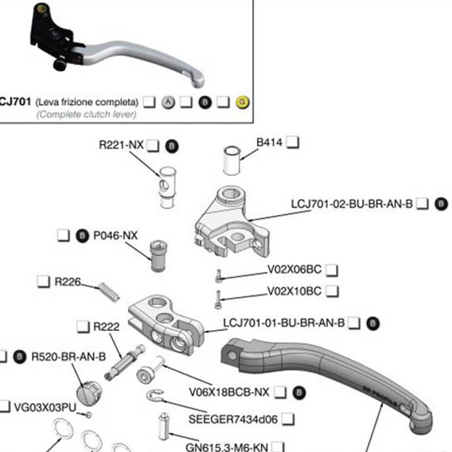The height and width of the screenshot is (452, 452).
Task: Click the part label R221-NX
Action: (121, 145)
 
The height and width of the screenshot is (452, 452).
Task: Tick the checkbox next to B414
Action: (293, 142)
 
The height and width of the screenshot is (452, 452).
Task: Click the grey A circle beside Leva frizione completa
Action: (168, 102)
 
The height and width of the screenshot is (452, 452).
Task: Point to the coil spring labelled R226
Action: (109, 292)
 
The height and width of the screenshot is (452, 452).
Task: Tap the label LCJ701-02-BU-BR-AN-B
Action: (352, 204)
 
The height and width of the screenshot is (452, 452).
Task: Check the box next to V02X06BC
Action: (332, 270)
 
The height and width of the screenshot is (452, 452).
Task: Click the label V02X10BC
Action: (294, 291)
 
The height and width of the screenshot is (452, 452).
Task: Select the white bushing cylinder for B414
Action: (232, 160)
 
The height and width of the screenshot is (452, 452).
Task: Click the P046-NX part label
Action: (115, 235)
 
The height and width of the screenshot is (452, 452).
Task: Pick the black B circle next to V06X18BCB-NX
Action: (299, 392)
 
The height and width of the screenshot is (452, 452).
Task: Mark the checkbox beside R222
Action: (83, 326)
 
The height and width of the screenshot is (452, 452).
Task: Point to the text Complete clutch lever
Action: (86, 114)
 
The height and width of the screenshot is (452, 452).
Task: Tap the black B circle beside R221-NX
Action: (172, 146)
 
